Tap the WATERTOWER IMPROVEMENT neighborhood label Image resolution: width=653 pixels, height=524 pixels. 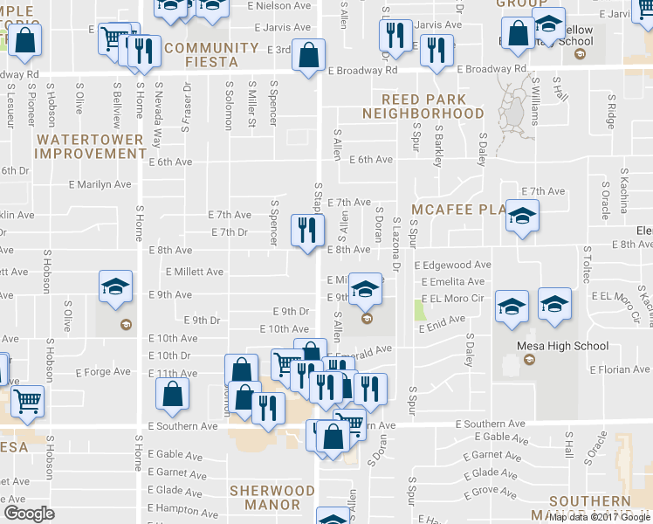click(91, 146)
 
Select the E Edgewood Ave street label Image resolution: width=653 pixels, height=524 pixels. click(453, 265)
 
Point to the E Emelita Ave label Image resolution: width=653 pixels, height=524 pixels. click(452, 281)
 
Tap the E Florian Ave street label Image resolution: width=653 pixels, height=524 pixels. click(619, 369)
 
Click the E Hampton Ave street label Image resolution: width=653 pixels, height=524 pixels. click(182, 507)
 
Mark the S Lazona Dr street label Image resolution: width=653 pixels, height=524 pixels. click(395, 245)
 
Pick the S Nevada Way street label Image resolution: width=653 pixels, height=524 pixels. click(158, 107)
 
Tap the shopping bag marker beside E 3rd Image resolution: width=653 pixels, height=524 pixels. click(308, 57)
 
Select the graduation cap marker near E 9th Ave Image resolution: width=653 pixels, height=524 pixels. click(115, 290)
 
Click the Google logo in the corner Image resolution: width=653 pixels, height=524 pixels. click(29, 513)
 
